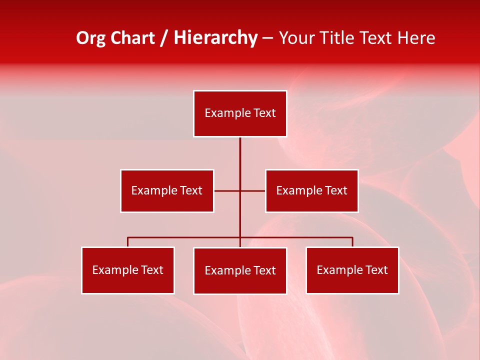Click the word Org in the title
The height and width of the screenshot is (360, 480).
(x=90, y=38)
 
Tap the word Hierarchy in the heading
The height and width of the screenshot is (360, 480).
(x=215, y=38)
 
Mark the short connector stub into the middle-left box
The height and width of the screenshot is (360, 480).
(x=226, y=190)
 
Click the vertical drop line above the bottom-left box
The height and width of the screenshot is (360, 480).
(x=128, y=242)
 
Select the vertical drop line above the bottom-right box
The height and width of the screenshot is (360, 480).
(x=352, y=242)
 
